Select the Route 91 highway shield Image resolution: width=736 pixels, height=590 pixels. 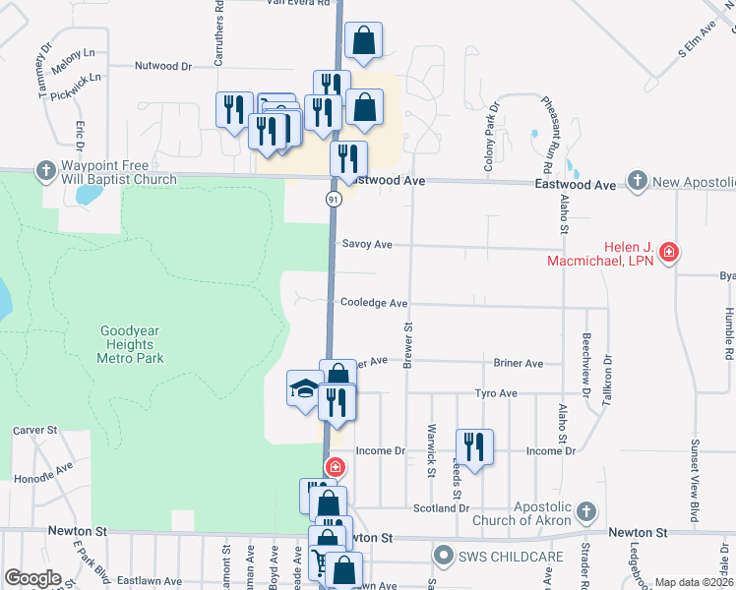pos(334,200)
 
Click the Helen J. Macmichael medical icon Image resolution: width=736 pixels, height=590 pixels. pos(669,253)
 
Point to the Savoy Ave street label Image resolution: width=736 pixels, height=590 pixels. pos(367,244)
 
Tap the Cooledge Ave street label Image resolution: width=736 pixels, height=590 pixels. pos(373,304)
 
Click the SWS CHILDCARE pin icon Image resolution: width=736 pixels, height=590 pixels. pos(446,557)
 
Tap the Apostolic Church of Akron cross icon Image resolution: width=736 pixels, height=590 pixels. pos(585,511)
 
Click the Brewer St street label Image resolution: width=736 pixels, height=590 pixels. pos(406,335)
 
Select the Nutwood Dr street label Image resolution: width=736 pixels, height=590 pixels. pos(163,66)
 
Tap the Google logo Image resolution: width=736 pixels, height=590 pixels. pos(32,578)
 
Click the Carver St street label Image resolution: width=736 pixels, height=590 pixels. pos(36,431)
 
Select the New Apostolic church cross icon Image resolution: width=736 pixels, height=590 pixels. pos(638,180)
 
